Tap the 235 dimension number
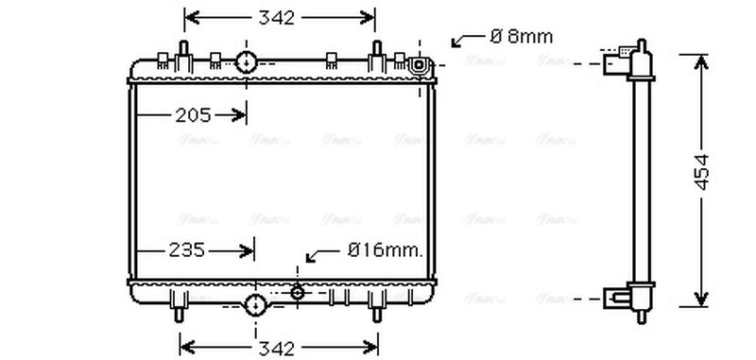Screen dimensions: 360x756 pyautogui.click(x=187, y=250)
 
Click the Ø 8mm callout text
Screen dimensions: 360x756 pyautogui.click(x=521, y=37)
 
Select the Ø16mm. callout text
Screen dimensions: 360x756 pyautogui.click(x=385, y=250)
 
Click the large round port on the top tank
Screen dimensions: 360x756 pyautogui.click(x=247, y=63)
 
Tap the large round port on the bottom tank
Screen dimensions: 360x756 pyautogui.click(x=255, y=304)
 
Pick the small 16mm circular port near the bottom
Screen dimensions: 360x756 pyautogui.click(x=298, y=292)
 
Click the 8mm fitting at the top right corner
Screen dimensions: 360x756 pyautogui.click(x=419, y=65)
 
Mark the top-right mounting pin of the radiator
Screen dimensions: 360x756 pyautogui.click(x=376, y=52)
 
